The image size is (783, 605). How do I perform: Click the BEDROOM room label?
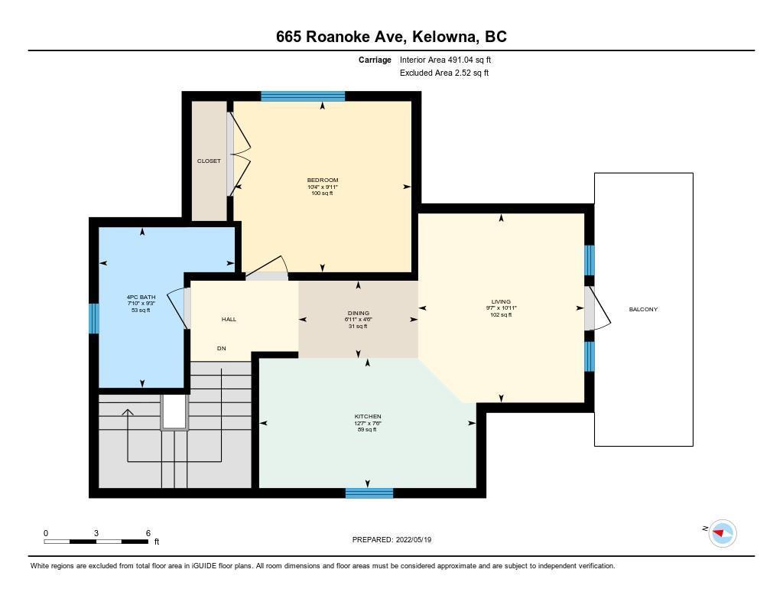pos(323,180)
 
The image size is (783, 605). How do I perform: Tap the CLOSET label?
pos(209,161)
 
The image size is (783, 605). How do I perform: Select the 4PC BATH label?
pos(141,298)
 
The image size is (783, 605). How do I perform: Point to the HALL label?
pos(229,319)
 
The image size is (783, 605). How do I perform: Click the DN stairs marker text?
pos(221,348)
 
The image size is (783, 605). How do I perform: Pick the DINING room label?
pos(359,314)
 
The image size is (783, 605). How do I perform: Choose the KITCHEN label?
pos(368,416)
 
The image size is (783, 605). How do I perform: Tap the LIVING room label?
pos(501,302)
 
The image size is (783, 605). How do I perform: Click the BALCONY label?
pos(643,309)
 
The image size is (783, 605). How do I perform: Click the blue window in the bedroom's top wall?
pos(303,96)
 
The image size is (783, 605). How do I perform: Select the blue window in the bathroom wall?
pos(94,318)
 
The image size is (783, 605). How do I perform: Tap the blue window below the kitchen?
pos(369,493)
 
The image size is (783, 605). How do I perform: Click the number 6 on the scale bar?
pos(148,533)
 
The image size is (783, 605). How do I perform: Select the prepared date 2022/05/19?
pos(414,539)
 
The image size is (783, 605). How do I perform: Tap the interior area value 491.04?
pos(460,60)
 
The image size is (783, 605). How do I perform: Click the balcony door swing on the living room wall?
pos(598,308)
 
